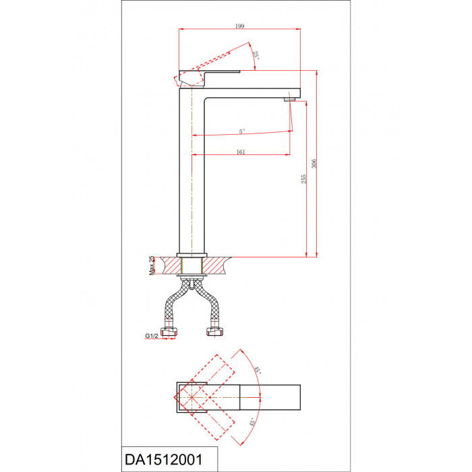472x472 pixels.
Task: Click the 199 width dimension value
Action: [239, 26]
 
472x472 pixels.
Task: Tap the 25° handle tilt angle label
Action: [256, 55]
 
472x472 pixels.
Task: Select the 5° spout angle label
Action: [242, 131]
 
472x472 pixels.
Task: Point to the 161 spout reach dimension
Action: [241, 152]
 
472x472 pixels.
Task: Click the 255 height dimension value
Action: [303, 179]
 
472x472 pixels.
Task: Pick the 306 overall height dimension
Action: [314, 163]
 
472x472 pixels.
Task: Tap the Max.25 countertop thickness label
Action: [152, 266]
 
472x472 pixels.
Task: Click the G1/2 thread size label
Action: [152, 336]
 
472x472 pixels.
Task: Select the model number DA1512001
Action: [164, 460]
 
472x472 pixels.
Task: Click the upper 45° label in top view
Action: [257, 370]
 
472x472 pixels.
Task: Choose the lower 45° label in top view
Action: [253, 422]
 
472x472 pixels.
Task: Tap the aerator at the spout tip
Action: [288, 100]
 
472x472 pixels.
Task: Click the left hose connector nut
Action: [169, 332]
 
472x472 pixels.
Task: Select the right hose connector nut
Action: [215, 332]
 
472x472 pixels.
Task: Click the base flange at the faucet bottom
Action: [191, 256]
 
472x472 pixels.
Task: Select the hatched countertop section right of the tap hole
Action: [215, 266]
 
